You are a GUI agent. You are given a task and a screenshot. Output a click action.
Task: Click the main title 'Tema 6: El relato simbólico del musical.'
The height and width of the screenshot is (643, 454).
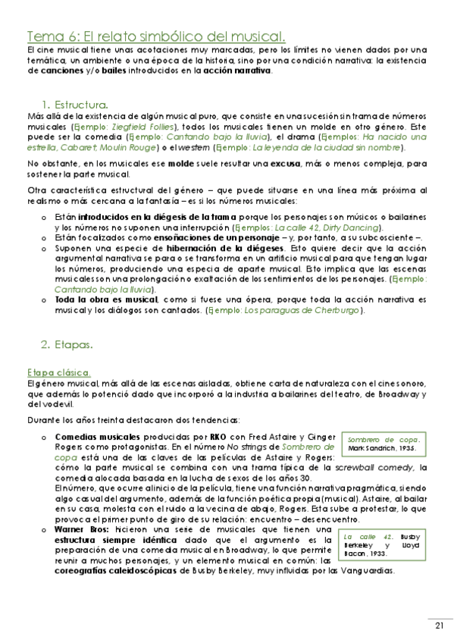pyautogui.click(x=156, y=36)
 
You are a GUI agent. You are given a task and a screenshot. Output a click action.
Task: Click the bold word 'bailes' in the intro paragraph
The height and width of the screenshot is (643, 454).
pyautogui.click(x=92, y=71)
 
